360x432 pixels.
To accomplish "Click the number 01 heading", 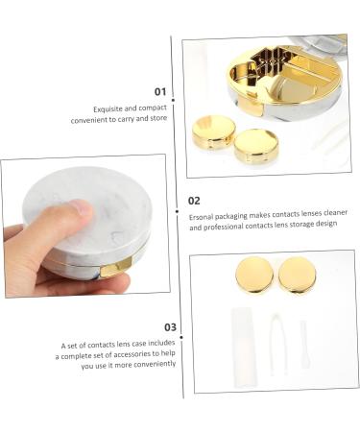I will click(x=160, y=92).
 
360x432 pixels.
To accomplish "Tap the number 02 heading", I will click(x=194, y=202).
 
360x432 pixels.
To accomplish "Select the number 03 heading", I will click(x=171, y=327).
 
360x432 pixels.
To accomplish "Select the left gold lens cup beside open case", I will click(x=213, y=131).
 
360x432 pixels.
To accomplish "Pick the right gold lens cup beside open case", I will click(x=255, y=145).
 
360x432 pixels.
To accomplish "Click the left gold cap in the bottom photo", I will click(x=254, y=276).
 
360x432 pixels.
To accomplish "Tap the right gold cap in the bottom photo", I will click(x=297, y=275).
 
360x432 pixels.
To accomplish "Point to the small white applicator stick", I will click(x=304, y=344).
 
